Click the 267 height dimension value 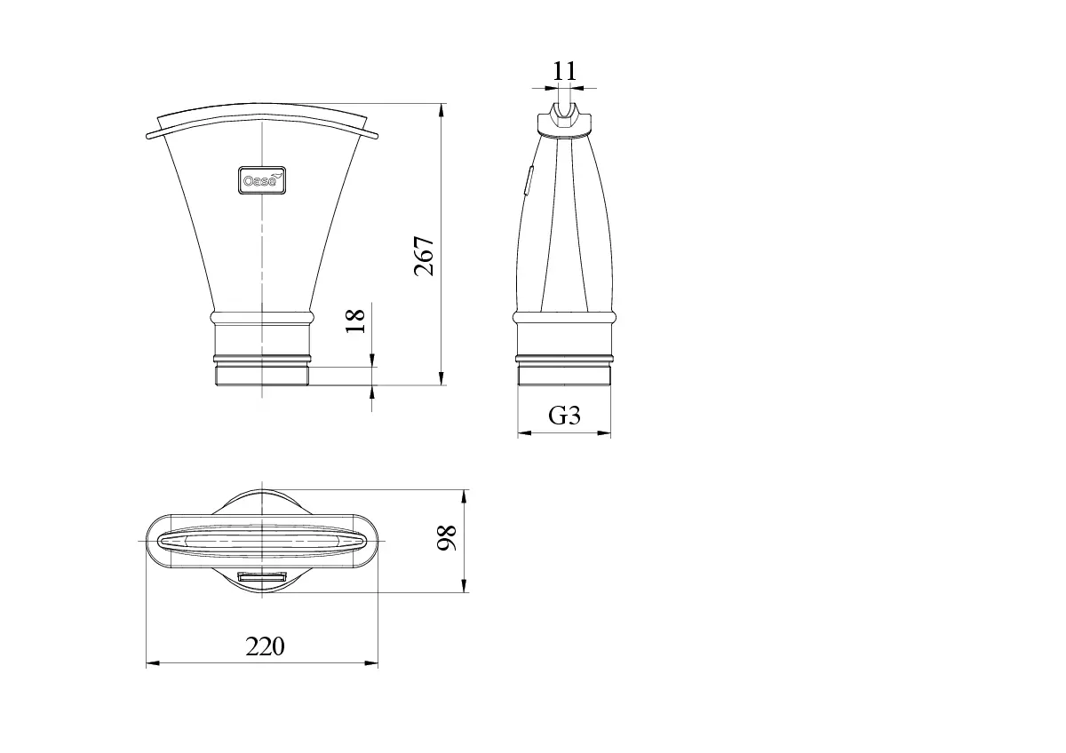click(x=424, y=256)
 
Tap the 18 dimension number click(x=355, y=321)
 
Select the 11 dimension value click(x=564, y=71)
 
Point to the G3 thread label click(x=564, y=416)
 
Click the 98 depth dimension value click(x=447, y=538)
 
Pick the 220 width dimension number click(x=265, y=646)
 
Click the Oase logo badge click(x=262, y=180)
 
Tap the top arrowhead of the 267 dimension click(x=442, y=110)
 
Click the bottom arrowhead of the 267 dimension click(x=442, y=378)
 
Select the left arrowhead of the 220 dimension click(x=153, y=663)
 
